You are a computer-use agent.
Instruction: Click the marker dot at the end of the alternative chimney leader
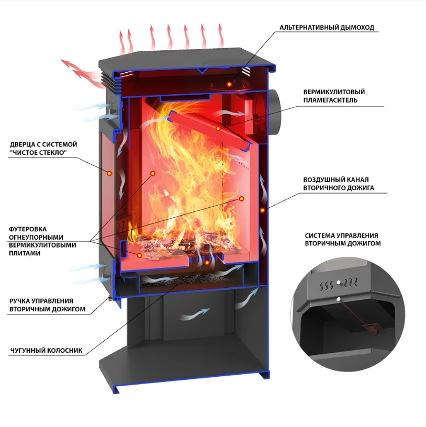click(x=229, y=84)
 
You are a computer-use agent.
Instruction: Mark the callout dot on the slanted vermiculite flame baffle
click(x=218, y=128)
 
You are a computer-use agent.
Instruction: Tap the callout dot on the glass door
click(x=109, y=173)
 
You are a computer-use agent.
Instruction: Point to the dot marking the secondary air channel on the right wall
click(x=262, y=210)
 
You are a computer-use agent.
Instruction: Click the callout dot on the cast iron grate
click(x=207, y=263)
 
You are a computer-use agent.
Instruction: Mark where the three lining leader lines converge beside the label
click(x=91, y=241)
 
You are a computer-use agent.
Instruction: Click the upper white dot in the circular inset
click(x=339, y=283)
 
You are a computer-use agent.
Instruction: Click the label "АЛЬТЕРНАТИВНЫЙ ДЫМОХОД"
click(x=327, y=28)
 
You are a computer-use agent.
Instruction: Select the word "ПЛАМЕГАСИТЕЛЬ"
click(x=330, y=100)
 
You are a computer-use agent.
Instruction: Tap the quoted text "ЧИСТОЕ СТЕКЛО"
click(x=38, y=152)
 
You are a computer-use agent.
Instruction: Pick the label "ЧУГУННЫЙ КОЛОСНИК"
click(x=46, y=350)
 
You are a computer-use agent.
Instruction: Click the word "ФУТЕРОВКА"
click(x=28, y=229)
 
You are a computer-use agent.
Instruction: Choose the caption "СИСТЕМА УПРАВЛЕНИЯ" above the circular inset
click(x=341, y=235)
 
